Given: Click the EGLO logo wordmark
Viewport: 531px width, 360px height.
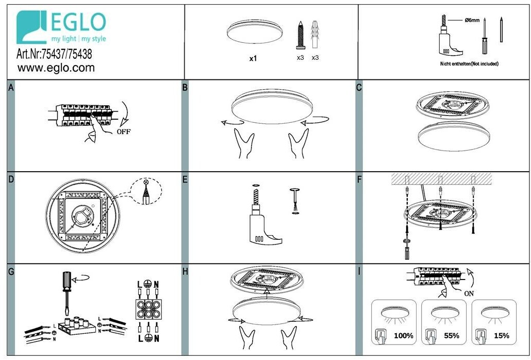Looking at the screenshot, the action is (x=78, y=22).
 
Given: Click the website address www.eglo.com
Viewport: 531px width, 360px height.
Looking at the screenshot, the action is (x=56, y=68).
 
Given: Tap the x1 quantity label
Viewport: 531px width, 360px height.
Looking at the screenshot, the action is (x=253, y=59).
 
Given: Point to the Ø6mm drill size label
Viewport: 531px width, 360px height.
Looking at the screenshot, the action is (x=472, y=20).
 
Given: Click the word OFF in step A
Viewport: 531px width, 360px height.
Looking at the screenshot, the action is (x=124, y=132).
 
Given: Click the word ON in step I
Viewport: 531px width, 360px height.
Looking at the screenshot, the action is (x=469, y=293).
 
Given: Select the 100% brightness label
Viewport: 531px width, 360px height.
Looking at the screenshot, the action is (x=403, y=336).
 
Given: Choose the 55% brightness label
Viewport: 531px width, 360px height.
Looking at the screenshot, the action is (x=452, y=336).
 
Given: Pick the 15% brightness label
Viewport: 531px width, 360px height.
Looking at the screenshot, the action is (x=502, y=336).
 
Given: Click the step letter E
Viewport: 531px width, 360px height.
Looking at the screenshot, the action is (x=185, y=179).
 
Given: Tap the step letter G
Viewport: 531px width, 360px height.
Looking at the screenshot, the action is (x=11, y=272).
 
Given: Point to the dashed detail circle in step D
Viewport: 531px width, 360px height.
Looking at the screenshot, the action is (x=146, y=192).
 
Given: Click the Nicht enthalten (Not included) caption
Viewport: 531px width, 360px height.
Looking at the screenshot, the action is (x=469, y=63).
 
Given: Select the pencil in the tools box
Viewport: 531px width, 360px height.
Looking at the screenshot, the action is (x=501, y=30).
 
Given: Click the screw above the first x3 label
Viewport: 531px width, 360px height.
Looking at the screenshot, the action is (x=301, y=35).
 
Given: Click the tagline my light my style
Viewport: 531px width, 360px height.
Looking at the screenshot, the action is (x=78, y=39).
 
